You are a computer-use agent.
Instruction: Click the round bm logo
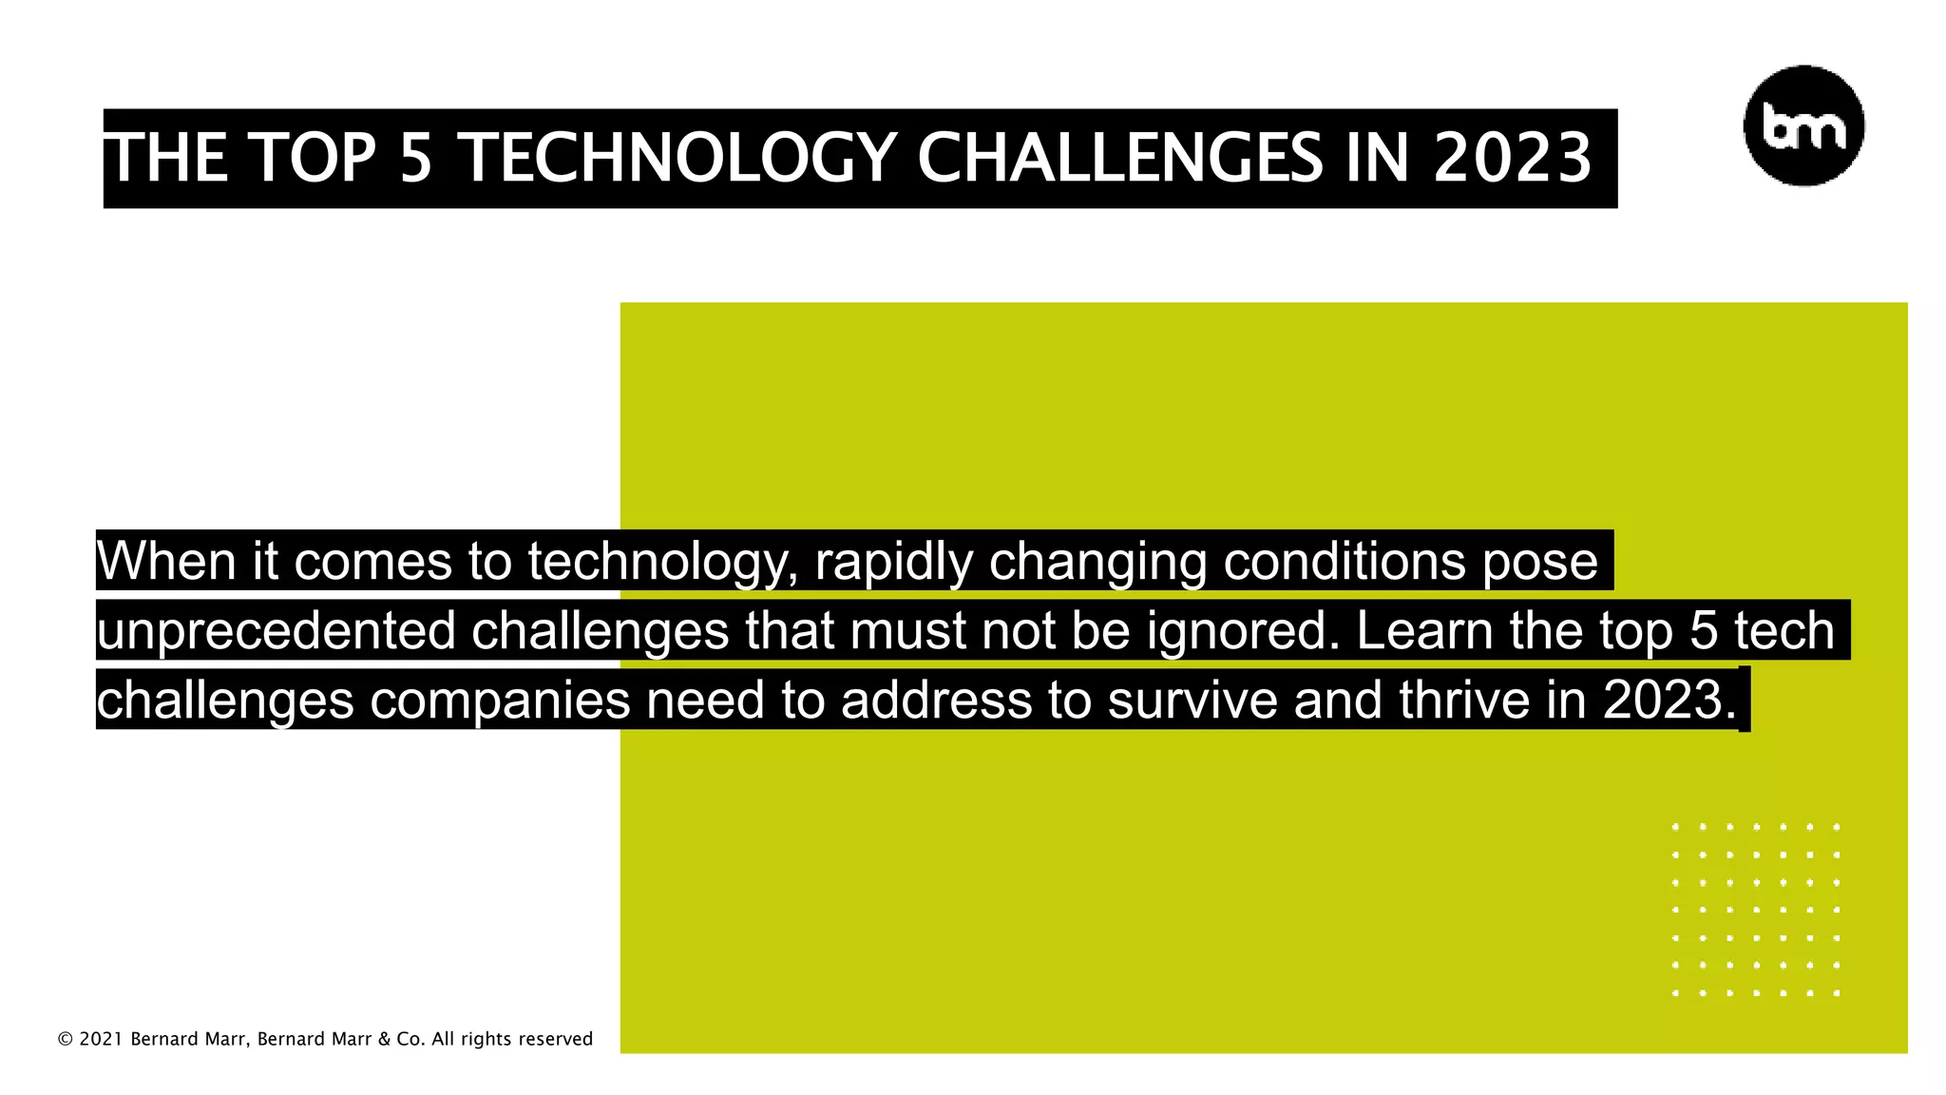(1803, 125)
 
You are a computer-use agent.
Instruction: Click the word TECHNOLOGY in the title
(678, 158)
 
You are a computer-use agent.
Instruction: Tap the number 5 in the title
(415, 158)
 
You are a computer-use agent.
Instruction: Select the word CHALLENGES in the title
(1119, 158)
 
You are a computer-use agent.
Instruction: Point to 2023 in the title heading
(1512, 158)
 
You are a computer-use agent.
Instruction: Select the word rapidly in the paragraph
(893, 561)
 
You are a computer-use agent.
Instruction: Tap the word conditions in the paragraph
(1344, 561)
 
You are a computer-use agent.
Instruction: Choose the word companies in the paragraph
(500, 701)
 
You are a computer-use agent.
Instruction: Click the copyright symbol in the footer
(66, 1040)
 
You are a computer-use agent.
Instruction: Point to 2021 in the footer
(101, 1040)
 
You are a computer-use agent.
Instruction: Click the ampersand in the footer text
(384, 1040)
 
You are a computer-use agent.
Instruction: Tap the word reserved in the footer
(555, 1040)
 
